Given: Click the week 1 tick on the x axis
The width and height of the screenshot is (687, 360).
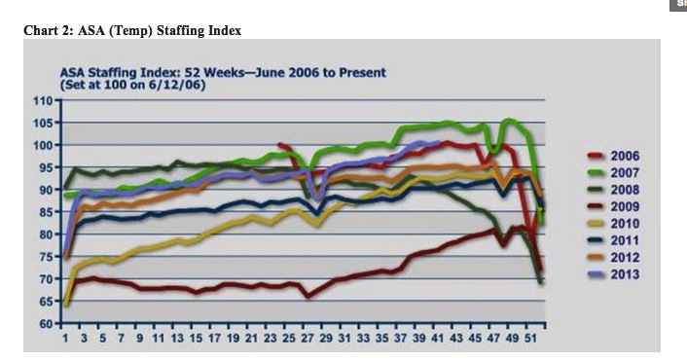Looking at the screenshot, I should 65,339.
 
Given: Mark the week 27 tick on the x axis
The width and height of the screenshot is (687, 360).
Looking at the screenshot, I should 307,339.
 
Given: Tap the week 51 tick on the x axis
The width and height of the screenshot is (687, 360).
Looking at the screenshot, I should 530,339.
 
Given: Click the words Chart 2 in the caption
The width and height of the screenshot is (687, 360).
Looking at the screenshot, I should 46,30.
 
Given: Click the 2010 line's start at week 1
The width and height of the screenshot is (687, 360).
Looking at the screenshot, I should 65,305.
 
